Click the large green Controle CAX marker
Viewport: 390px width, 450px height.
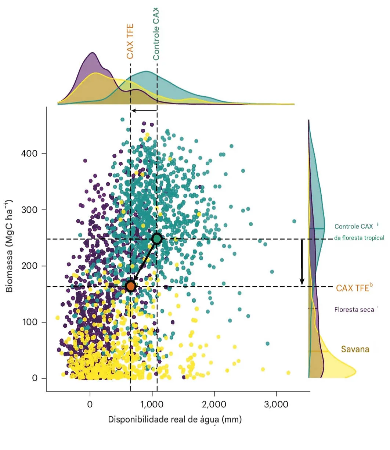(157, 239)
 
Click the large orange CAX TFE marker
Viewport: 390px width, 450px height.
(131, 286)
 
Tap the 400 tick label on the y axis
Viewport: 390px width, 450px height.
(30, 154)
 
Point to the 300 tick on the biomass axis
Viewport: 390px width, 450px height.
(30, 210)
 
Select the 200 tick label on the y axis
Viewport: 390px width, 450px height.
(30, 266)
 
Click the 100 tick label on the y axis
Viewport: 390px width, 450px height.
(30, 322)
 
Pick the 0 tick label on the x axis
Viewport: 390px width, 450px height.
(90, 404)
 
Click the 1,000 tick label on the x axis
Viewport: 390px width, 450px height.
(152, 404)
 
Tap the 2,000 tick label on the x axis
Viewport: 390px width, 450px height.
(214, 404)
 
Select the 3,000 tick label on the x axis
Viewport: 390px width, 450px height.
(276, 404)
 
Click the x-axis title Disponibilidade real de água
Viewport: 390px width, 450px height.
(175, 420)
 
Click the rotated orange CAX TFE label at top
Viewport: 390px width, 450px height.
(130, 41)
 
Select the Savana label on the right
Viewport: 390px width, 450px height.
(355, 349)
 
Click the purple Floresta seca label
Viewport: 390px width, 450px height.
(354, 310)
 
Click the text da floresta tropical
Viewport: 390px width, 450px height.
(359, 238)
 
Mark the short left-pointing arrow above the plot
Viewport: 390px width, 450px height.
(144, 110)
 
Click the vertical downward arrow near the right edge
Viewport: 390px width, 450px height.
(302, 262)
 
